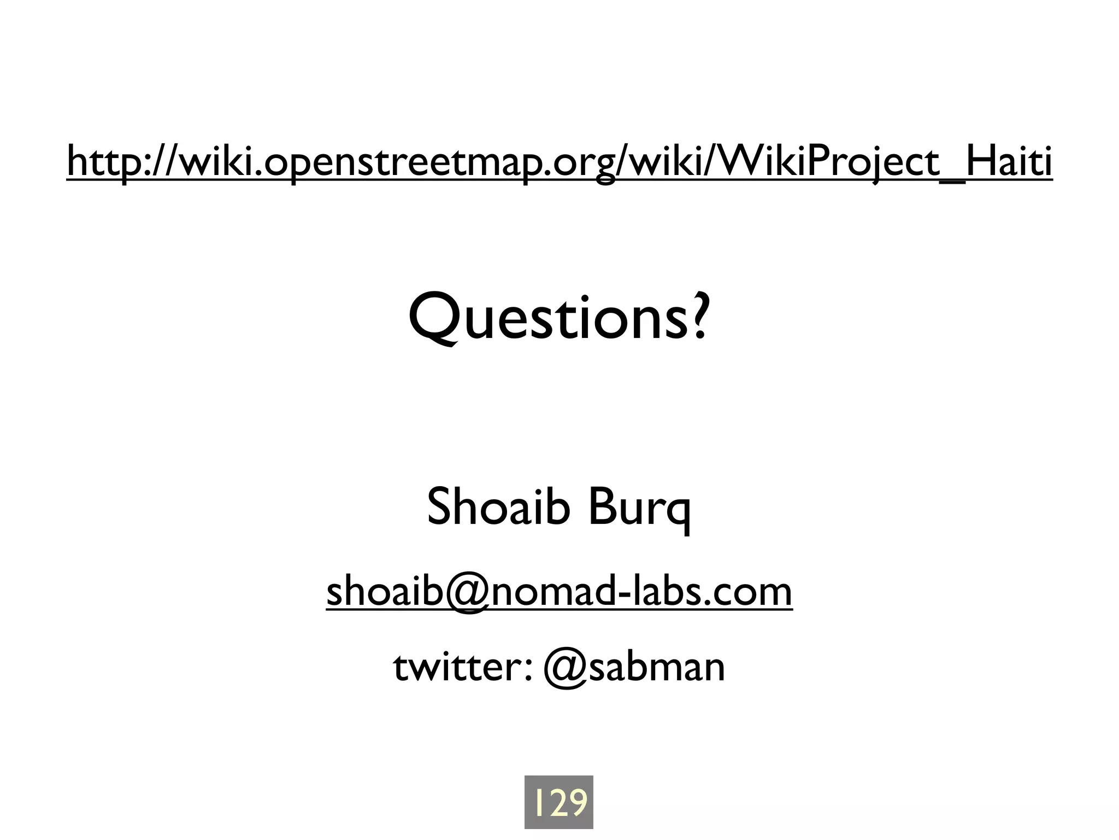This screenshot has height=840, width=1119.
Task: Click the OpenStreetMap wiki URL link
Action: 559,161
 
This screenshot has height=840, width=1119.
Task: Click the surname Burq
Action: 639,507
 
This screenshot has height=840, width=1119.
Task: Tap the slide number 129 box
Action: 559,802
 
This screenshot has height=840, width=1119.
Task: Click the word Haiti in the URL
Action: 1009,161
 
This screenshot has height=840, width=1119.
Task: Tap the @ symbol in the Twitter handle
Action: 565,668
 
